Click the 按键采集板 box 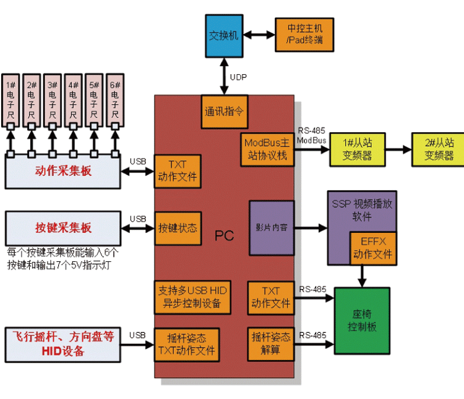click(62, 228)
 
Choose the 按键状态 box click(178, 228)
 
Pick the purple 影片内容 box click(272, 227)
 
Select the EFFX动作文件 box click(372, 248)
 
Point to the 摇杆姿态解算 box click(271, 343)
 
